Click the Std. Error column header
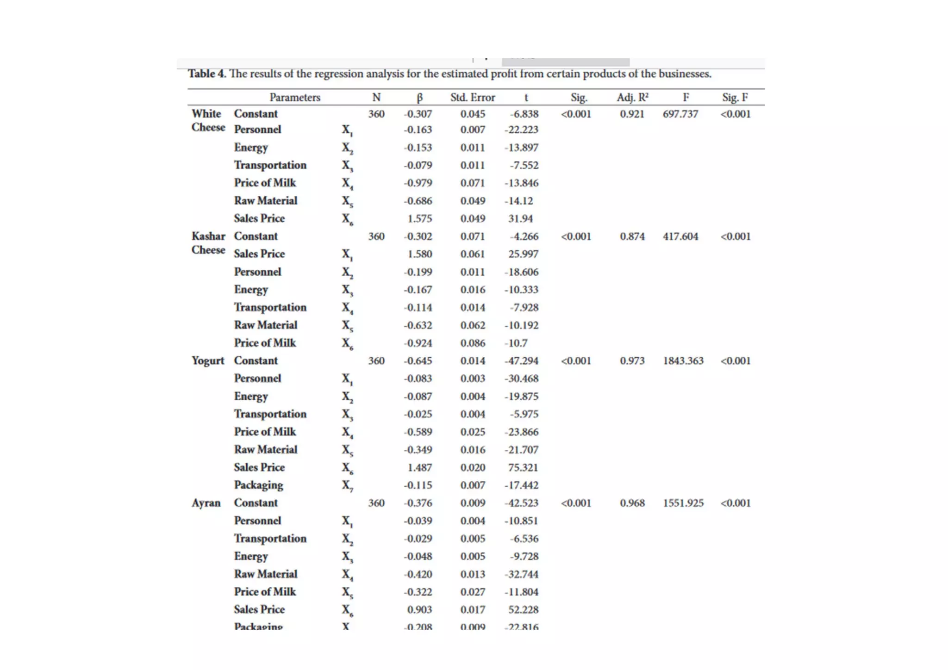pyautogui.click(x=473, y=98)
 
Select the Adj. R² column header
pyautogui.click(x=632, y=98)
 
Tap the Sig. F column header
pyautogui.click(x=735, y=98)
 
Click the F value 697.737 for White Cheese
pyautogui.click(x=680, y=114)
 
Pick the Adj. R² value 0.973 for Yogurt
pyautogui.click(x=632, y=361)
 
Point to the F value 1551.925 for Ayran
pyautogui.click(x=683, y=503)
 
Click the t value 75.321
pyautogui.click(x=523, y=467)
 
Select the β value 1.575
pyautogui.click(x=419, y=218)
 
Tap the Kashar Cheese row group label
pyautogui.click(x=208, y=243)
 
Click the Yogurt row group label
pyautogui.click(x=208, y=361)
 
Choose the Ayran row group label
pyautogui.click(x=206, y=503)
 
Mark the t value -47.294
pyautogui.click(x=521, y=361)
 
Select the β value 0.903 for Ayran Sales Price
pyautogui.click(x=419, y=610)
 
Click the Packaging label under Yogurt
pyautogui.click(x=258, y=485)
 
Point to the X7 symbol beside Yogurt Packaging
pyautogui.click(x=347, y=486)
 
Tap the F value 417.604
pyautogui.click(x=680, y=236)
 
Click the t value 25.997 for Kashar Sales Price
pyautogui.click(x=523, y=254)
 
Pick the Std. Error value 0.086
pyautogui.click(x=473, y=343)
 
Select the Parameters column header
pyautogui.click(x=295, y=98)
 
